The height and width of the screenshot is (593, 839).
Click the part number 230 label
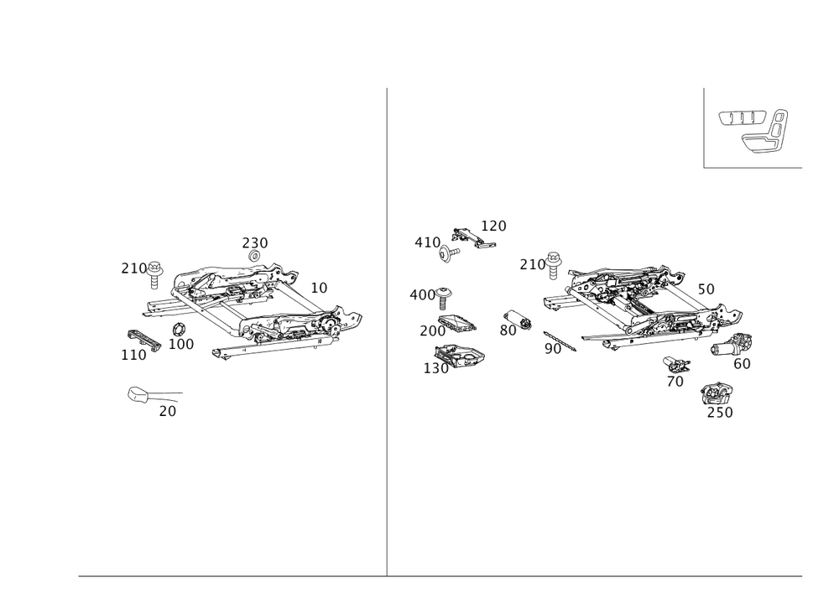(255, 243)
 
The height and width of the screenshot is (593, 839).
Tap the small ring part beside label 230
(255, 256)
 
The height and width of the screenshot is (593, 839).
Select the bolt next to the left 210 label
(154, 274)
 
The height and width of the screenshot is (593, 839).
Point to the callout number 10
(319, 288)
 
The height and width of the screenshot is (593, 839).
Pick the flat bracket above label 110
(144, 341)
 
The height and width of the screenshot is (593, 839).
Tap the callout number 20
(168, 411)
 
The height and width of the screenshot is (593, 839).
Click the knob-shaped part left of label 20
(139, 394)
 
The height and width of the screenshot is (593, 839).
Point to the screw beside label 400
(444, 298)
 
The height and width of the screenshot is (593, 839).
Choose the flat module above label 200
(457, 323)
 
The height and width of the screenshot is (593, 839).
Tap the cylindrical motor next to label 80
(518, 319)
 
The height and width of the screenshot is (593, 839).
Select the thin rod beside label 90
(560, 341)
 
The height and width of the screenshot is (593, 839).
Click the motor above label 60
(732, 345)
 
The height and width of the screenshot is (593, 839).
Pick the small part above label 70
(676, 365)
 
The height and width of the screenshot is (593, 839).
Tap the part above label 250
(717, 394)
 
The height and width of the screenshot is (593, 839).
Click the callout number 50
(706, 289)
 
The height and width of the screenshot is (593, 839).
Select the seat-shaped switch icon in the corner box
(765, 132)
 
